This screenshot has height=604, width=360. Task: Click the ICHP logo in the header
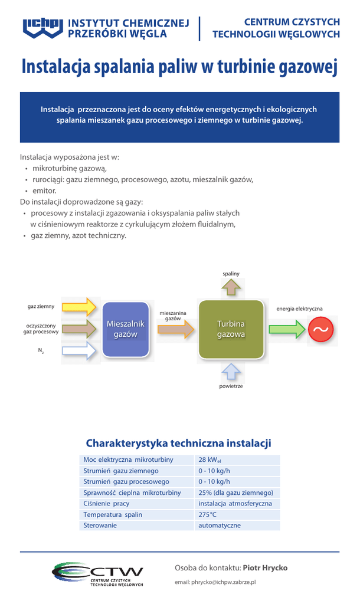pyautogui.click(x=42, y=28)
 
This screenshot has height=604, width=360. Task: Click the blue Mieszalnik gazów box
pyautogui.click(x=125, y=329)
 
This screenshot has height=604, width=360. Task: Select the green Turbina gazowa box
pyautogui.click(x=231, y=329)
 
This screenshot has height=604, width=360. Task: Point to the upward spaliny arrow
pyautogui.click(x=231, y=287)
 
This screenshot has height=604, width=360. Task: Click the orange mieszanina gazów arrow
pyautogui.click(x=176, y=329)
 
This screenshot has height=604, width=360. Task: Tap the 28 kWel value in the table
pyautogui.click(x=210, y=460)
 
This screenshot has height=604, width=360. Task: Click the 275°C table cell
pyautogui.click(x=208, y=514)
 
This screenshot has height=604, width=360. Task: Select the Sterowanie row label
pyautogui.click(x=100, y=525)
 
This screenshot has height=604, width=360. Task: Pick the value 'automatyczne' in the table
pyautogui.click(x=220, y=525)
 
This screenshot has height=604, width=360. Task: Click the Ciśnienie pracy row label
pyautogui.click(x=106, y=503)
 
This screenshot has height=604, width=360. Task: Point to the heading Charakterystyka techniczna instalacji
pyautogui.click(x=179, y=443)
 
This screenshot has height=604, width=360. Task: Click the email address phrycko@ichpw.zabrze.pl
pyautogui.click(x=215, y=582)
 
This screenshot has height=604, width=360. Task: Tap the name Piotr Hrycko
pyautogui.click(x=266, y=567)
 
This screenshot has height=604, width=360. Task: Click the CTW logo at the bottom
pyautogui.click(x=98, y=574)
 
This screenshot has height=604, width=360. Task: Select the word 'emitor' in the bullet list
pyautogui.click(x=44, y=191)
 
